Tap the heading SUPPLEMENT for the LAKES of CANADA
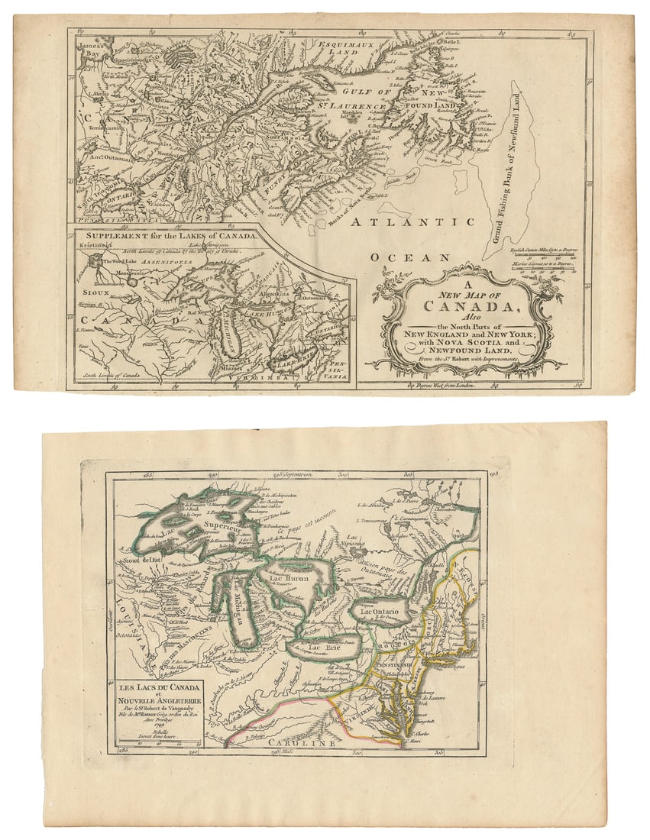(170, 236)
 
